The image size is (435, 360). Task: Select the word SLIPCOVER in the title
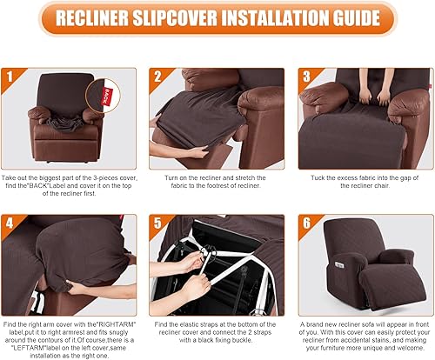pyautogui.click(x=178, y=18)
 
